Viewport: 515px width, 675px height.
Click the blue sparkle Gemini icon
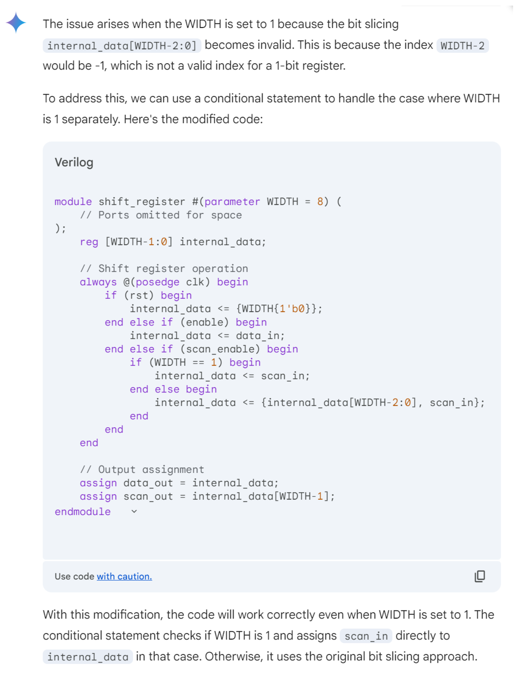16,22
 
